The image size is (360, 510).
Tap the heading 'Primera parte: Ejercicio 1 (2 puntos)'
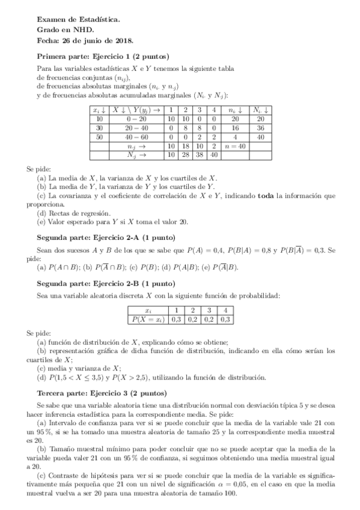click(103, 56)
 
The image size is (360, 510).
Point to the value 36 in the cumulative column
click(260, 128)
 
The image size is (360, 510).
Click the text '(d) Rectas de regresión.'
click(73, 213)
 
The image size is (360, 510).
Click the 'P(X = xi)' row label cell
click(148, 319)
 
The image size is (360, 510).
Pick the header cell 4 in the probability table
click(224, 310)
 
